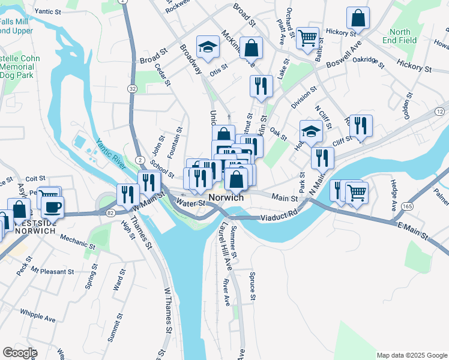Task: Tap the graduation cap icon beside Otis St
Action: (208, 48)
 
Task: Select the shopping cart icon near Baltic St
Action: (307, 38)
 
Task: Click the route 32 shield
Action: (131, 88)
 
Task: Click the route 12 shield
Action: (440, 112)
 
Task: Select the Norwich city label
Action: (226, 197)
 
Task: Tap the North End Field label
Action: (400, 36)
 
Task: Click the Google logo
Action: (20, 353)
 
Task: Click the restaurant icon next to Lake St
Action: (261, 86)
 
